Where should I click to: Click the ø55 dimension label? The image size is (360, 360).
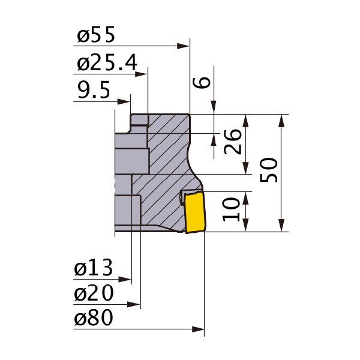(x=96, y=36)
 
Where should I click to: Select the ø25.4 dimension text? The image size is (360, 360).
(x=107, y=62)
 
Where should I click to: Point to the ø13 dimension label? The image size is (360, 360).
(x=94, y=268)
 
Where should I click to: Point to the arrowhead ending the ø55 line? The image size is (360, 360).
(x=185, y=45)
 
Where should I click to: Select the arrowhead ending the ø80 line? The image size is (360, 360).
(x=200, y=329)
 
